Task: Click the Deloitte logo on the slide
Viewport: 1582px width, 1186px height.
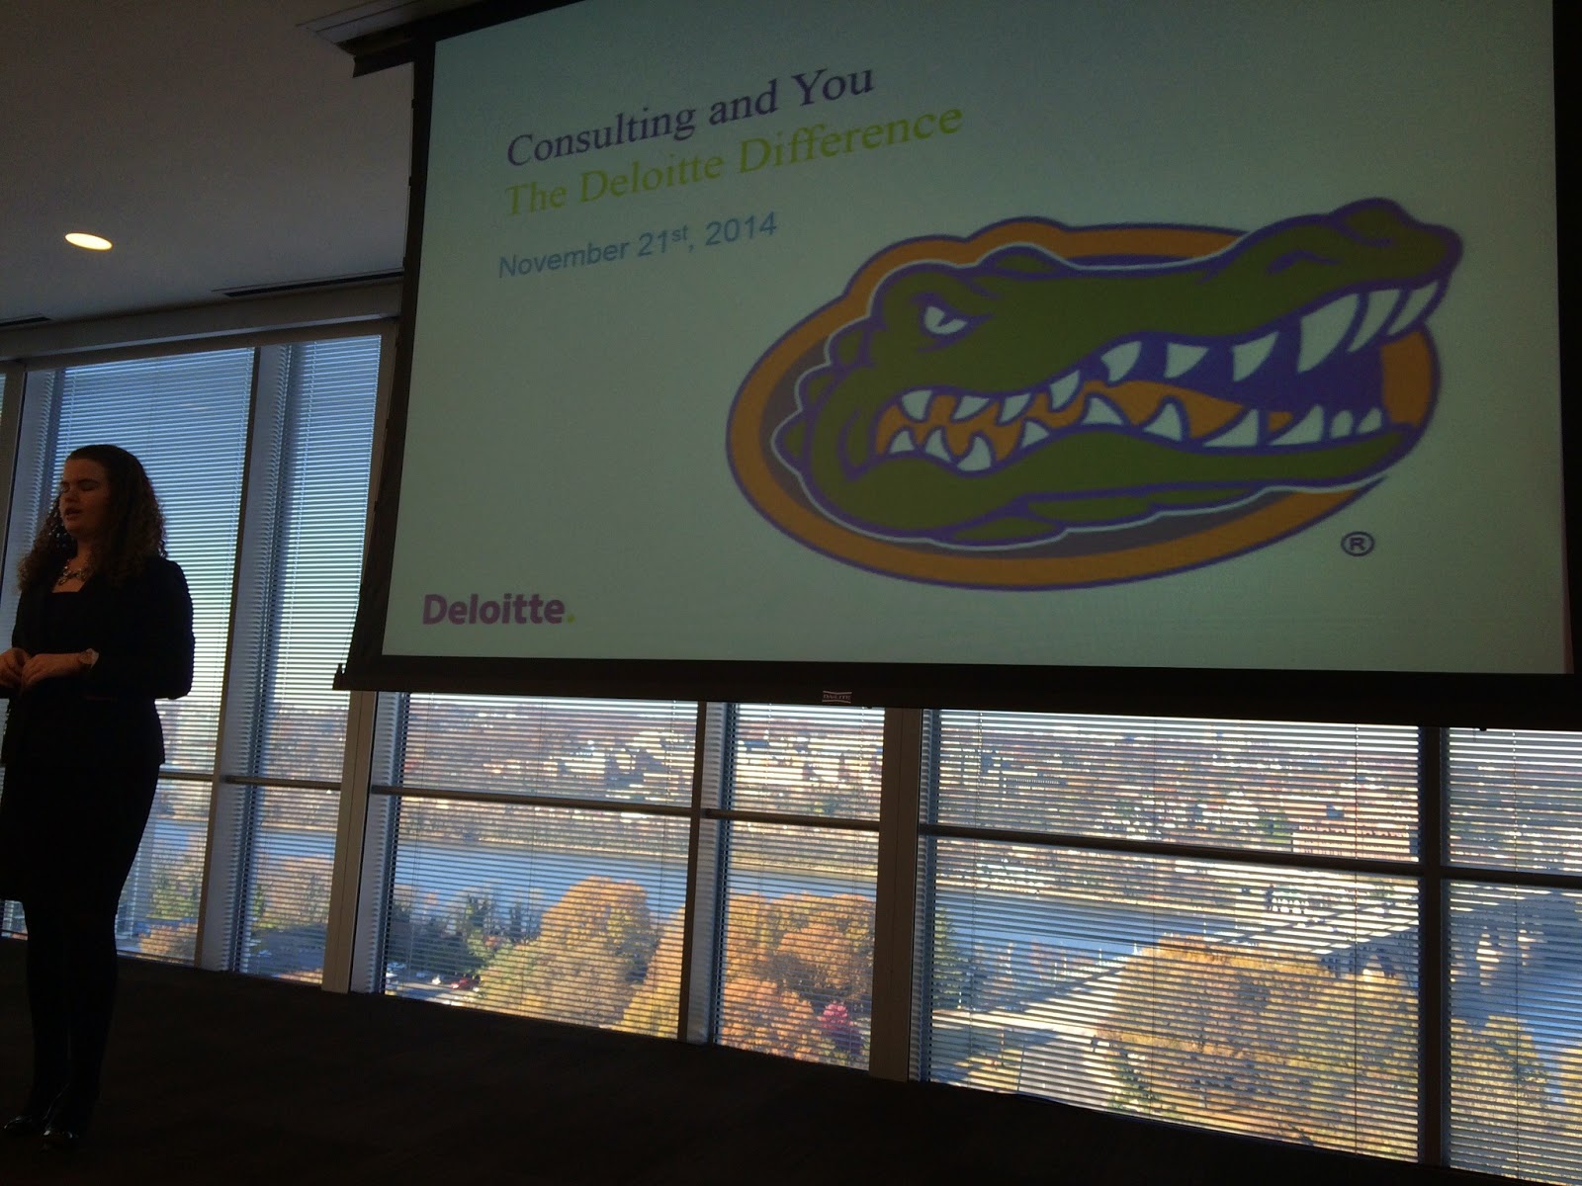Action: (x=498, y=610)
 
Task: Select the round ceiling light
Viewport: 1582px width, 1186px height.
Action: (x=88, y=241)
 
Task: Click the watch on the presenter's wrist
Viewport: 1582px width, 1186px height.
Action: (x=88, y=658)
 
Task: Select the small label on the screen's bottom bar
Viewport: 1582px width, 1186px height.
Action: (x=837, y=696)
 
